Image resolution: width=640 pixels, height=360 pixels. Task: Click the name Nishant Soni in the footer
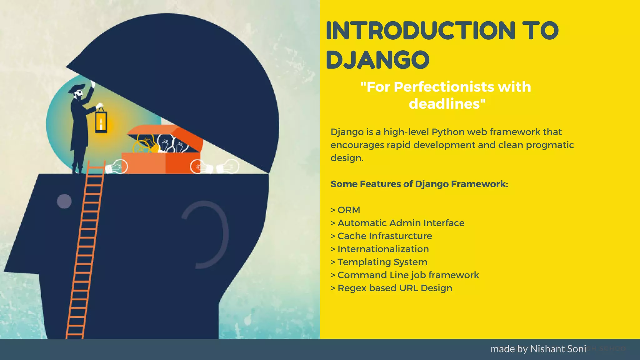pyautogui.click(x=558, y=349)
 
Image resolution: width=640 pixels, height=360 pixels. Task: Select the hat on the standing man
pyautogui.click(x=77, y=88)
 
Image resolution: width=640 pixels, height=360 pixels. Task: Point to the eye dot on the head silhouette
pyautogui.click(x=64, y=201)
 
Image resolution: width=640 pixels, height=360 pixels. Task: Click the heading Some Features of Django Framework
pyautogui.click(x=419, y=184)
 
